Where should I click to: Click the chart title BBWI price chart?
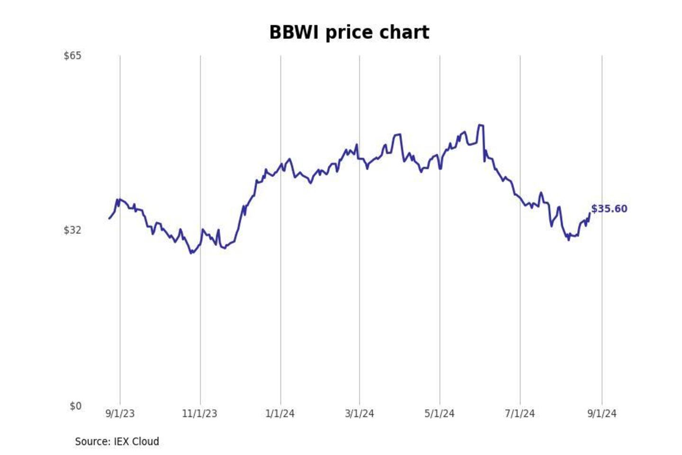[x=349, y=33]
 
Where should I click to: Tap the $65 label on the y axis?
[x=72, y=55]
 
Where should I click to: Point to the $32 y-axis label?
[x=72, y=230]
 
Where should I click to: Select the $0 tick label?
[x=75, y=406]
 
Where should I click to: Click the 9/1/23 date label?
[x=120, y=414]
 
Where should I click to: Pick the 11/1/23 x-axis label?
[x=199, y=414]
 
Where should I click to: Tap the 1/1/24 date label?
[x=280, y=414]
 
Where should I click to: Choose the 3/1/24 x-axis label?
[x=359, y=414]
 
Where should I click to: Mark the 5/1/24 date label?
[x=440, y=414]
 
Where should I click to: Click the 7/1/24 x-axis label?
[x=520, y=414]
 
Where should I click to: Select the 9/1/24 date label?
[x=602, y=414]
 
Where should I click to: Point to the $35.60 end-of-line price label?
[x=609, y=209]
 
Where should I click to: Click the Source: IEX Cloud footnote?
[x=117, y=442]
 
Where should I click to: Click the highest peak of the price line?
[x=480, y=125]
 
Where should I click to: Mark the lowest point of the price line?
[x=191, y=253]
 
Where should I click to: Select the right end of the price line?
[x=590, y=213]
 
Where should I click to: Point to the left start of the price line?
[x=109, y=218]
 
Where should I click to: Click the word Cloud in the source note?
[x=145, y=442]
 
